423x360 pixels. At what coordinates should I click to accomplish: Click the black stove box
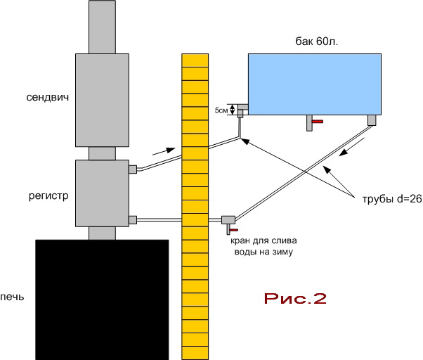pyautogui.click(x=101, y=299)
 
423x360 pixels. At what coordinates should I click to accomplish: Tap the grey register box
pyautogui.click(x=101, y=194)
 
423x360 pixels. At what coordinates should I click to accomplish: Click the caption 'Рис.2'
pyautogui.click(x=295, y=298)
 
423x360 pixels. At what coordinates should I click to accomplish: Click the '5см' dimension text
pyautogui.click(x=221, y=110)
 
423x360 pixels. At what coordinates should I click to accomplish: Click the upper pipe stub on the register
pyautogui.click(x=132, y=169)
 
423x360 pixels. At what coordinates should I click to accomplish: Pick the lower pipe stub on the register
pyautogui.click(x=132, y=220)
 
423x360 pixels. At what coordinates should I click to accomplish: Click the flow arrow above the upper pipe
pyautogui.click(x=160, y=150)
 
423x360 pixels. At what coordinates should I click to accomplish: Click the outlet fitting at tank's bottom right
pyautogui.click(x=372, y=120)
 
